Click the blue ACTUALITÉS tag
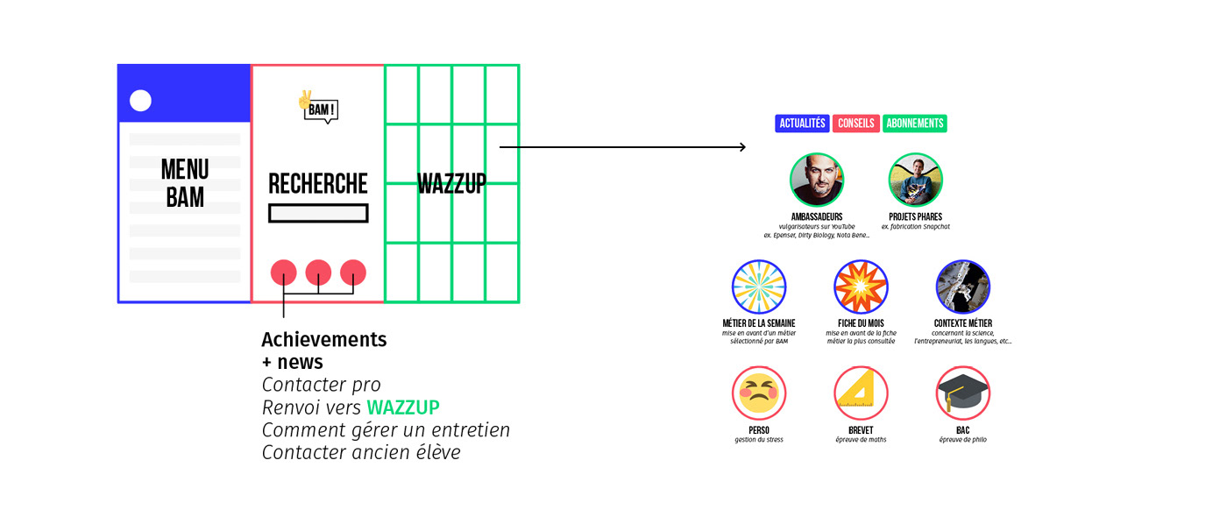802,124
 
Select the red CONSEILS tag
855,124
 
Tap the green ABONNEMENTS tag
914,124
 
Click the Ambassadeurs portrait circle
817,181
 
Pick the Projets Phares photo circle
915,181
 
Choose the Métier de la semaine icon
759,287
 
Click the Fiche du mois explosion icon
861,287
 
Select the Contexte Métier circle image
962,287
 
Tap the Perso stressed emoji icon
759,393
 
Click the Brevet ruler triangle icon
861,393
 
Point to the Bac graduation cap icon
962,393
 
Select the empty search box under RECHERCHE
318,213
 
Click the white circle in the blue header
140,101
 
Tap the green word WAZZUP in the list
402,407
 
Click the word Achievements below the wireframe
323,339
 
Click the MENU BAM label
185,183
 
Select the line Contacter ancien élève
361,453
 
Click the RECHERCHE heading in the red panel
318,184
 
